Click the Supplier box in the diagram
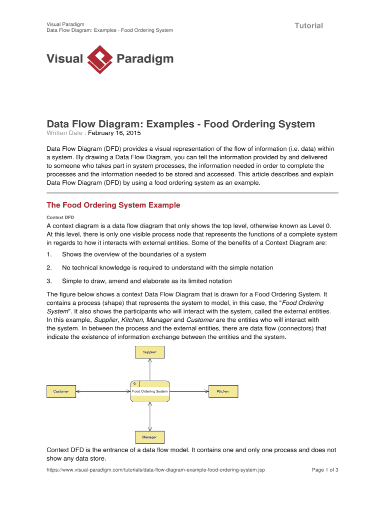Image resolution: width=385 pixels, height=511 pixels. pos(149,352)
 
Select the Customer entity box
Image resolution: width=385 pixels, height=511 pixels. pos(61,391)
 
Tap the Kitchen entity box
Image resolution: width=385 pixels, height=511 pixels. pos(223,391)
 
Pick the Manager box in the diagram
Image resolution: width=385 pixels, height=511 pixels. pos(149,437)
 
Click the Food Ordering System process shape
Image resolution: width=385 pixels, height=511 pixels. pos(149,391)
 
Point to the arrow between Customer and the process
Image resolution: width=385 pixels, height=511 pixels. pos(102,391)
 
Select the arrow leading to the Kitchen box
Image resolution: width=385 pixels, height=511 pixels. pos(188,391)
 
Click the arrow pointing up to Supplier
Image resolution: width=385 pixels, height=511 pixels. pos(149,369)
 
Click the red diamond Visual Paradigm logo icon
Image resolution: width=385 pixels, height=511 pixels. pos(99,59)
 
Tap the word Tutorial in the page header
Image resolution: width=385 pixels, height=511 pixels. pos(308,25)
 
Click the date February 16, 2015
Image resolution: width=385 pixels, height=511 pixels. pos(114,134)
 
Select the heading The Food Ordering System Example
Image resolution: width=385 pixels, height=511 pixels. pos(113,205)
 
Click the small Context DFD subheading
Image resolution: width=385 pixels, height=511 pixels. pos(60,218)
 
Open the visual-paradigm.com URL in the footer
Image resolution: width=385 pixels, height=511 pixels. pos(155,470)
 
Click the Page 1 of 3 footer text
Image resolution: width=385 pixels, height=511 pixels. pos(325,470)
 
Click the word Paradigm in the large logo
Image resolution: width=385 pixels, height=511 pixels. pos(144,59)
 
